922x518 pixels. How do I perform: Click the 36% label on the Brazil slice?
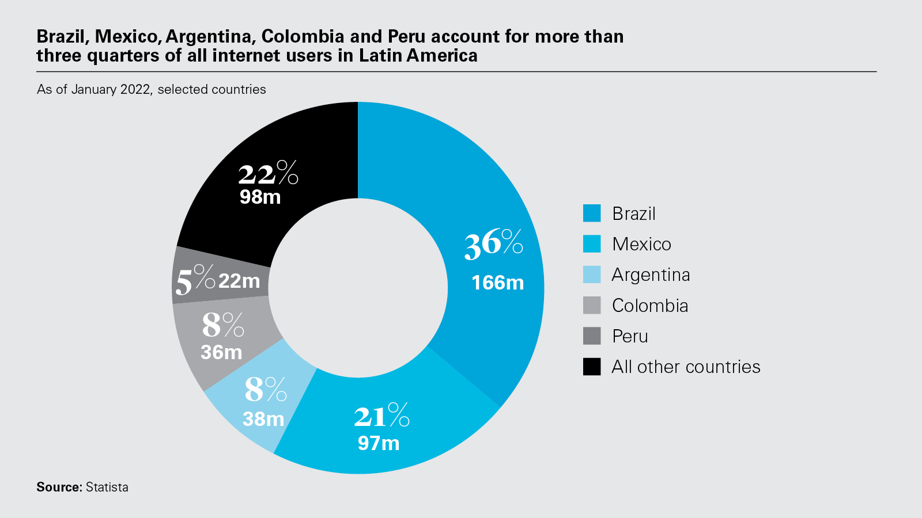[493, 243]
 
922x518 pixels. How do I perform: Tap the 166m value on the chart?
[497, 283]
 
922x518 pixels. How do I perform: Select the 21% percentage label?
[381, 416]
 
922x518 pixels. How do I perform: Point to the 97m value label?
[378, 443]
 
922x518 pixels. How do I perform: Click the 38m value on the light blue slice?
[263, 419]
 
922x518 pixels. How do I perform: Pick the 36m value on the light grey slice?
[221, 352]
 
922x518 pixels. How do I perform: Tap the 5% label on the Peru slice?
[195, 280]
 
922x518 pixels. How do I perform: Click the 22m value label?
[239, 281]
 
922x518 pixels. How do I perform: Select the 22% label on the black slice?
[268, 173]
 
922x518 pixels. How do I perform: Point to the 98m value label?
[260, 197]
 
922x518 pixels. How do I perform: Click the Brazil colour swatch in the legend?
[592, 213]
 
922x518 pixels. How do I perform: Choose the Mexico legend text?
[641, 244]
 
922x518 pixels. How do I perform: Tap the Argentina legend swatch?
[592, 275]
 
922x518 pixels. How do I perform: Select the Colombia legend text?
[650, 306]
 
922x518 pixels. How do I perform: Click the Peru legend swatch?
[592, 336]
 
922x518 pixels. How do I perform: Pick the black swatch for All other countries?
[592, 367]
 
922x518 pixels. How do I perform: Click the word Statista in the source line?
[107, 487]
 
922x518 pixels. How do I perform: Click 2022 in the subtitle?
[135, 89]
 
